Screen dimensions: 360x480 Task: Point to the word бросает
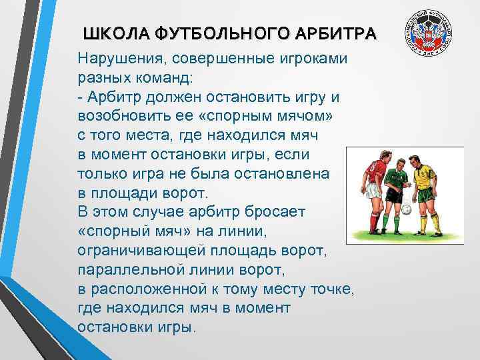[x=270, y=213]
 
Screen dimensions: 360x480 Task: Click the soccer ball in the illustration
[x=406, y=210]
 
